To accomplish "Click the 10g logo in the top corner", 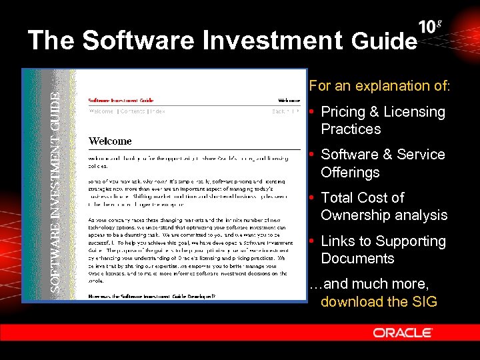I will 431,27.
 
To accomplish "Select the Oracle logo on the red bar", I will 403,332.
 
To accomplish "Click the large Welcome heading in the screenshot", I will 110,141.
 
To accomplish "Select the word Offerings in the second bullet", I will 350,172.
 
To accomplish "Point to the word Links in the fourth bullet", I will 339,241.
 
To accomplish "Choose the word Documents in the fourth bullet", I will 357,258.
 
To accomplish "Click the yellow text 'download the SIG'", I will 379,301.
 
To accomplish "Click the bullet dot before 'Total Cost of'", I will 313,198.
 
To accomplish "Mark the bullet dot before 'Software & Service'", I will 313,155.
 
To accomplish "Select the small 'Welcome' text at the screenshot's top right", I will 289,101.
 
